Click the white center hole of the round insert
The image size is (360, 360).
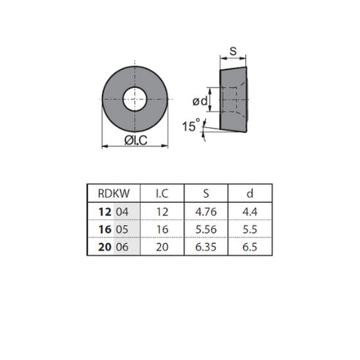[134, 99]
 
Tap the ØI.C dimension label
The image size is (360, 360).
[136, 140]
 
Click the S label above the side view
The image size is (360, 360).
[233, 51]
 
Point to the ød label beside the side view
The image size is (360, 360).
[200, 101]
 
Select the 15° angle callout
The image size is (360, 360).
[191, 126]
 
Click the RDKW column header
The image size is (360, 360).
[114, 193]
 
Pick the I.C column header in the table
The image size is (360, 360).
[162, 193]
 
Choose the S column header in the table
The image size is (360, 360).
[206, 193]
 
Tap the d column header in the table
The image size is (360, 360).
[250, 193]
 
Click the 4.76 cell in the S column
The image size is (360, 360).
[206, 212]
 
